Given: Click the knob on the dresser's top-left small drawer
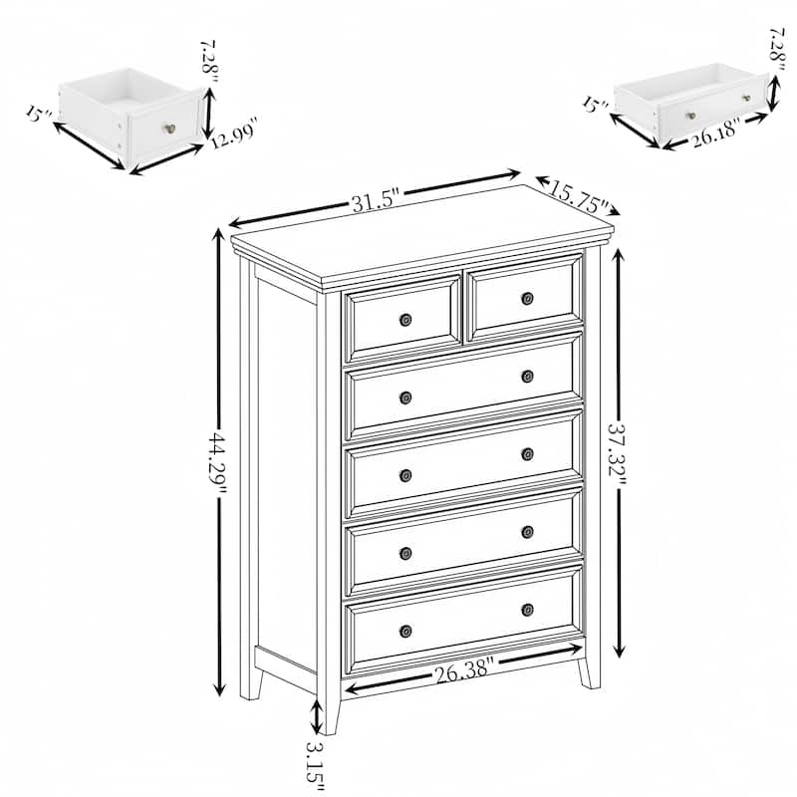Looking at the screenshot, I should pyautogui.click(x=405, y=320).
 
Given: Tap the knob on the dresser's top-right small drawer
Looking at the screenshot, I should pyautogui.click(x=527, y=298).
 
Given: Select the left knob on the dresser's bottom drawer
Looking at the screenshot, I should pyautogui.click(x=405, y=631).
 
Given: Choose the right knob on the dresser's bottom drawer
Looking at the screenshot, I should pyautogui.click(x=527, y=609).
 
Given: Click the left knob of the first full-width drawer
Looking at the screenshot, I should pyautogui.click(x=405, y=398).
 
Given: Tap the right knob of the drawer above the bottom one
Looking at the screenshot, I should pyautogui.click(x=527, y=531).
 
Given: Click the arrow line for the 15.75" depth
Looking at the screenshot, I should pyautogui.click(x=577, y=193).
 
